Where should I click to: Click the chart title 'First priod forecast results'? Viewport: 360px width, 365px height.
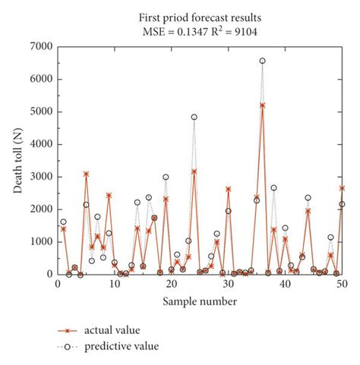coord(200,16)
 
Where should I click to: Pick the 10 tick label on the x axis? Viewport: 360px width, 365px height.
coord(115,285)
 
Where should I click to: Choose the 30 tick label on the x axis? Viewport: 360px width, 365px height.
coord(228,285)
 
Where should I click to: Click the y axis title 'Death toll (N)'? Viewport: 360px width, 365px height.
coord(17,160)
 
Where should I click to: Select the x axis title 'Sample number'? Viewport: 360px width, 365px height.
coord(200,301)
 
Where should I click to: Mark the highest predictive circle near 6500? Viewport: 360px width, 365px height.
coord(262,61)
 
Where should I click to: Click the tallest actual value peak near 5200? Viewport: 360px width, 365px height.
coord(262,105)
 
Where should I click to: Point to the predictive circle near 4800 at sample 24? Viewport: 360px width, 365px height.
coord(194,117)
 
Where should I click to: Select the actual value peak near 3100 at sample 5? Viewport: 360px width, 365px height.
coord(86,174)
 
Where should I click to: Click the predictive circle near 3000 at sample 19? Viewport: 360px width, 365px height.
coord(166,177)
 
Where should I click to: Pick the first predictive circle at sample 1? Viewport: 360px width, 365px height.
coord(63,222)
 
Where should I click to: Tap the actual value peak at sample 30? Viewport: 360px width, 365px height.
coord(228,189)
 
